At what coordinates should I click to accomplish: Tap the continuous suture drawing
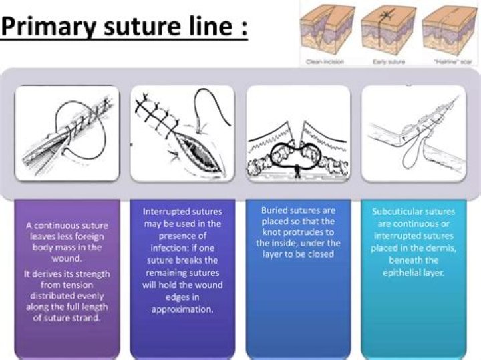click(x=67, y=134)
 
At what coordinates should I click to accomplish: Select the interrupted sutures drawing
click(x=182, y=134)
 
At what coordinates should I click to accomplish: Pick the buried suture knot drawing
click(x=298, y=134)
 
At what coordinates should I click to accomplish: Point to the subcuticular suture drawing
click(x=413, y=134)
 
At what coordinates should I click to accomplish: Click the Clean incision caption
click(x=319, y=60)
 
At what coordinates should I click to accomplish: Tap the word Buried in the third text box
click(x=276, y=210)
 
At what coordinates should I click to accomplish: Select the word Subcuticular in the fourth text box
click(x=398, y=212)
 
